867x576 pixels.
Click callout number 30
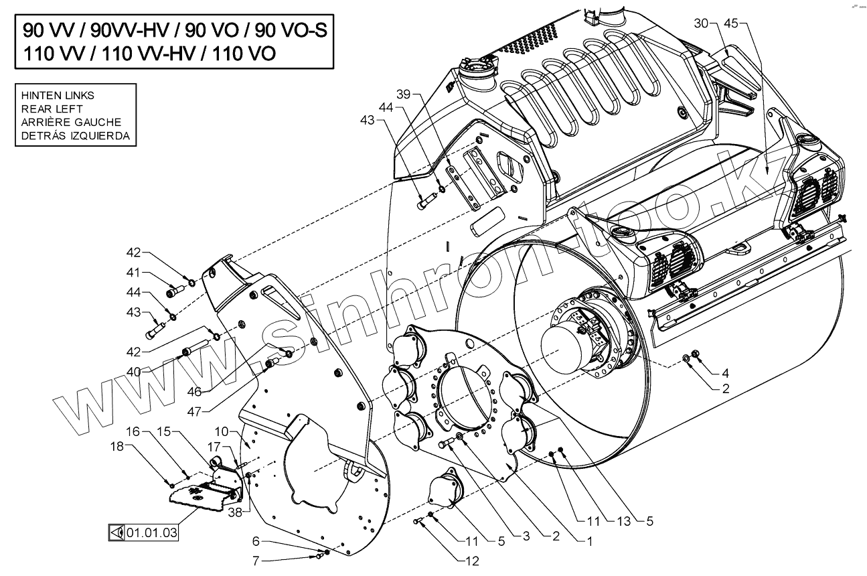[x=701, y=23]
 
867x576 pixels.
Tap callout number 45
[x=731, y=23]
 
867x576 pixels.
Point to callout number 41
[x=134, y=273]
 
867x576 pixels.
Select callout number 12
[x=473, y=561]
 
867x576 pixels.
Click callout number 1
[x=589, y=544]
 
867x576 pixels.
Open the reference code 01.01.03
[x=152, y=533]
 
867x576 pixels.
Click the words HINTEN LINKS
[x=58, y=95]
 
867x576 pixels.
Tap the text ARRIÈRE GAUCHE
[x=71, y=123]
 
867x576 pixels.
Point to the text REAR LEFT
[x=52, y=109]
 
